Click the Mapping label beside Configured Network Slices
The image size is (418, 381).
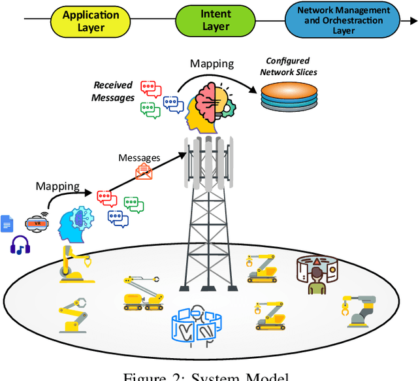pos(212,63)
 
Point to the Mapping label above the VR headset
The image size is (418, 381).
pos(57,186)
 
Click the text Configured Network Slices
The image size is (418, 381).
pos(288,66)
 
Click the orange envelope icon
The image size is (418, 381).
pos(143,172)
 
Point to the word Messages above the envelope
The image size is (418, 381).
pos(138,157)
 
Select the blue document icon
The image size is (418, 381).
pos(7,224)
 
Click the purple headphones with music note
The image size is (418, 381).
pos(21,245)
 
